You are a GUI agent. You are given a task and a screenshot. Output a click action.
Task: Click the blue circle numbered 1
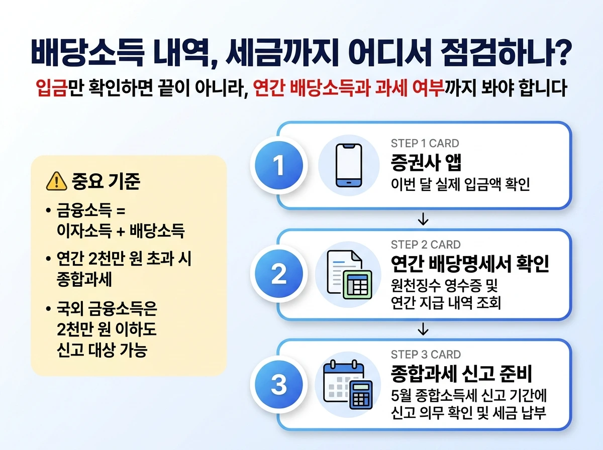pyautogui.click(x=279, y=165)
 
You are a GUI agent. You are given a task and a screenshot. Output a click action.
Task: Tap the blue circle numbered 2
pyautogui.click(x=279, y=275)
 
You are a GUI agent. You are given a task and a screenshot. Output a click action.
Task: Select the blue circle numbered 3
pyautogui.click(x=279, y=385)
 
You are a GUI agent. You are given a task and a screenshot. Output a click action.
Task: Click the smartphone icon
pyautogui.click(x=349, y=165)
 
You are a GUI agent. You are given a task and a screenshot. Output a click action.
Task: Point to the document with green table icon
pyautogui.click(x=349, y=275)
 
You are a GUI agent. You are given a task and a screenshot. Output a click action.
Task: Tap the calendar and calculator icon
pyautogui.click(x=349, y=384)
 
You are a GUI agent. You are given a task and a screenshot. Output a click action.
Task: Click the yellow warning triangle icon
pyautogui.click(x=56, y=181)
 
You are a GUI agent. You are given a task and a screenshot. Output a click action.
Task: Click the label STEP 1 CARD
pyautogui.click(x=425, y=144)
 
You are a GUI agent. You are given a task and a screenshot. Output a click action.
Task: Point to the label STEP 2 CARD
pyautogui.click(x=425, y=245)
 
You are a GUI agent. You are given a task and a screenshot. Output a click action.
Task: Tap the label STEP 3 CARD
pyautogui.click(x=425, y=355)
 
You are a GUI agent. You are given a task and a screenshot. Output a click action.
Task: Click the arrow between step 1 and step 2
pyautogui.click(x=423, y=219)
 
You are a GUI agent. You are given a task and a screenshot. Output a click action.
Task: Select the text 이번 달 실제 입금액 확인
pyautogui.click(x=460, y=184)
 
